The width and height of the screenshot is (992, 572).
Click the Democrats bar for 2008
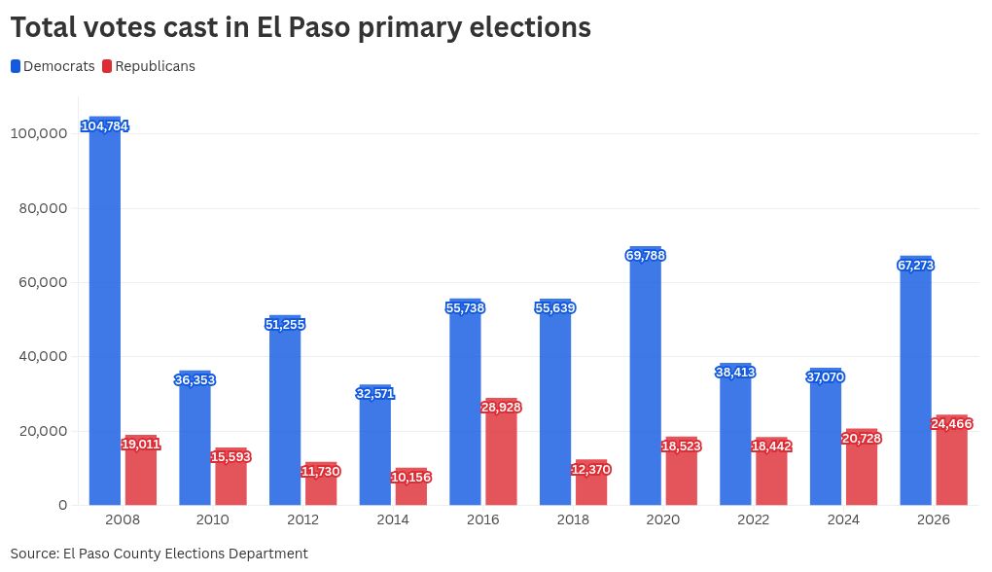(x=105, y=311)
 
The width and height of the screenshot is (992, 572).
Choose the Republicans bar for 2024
(x=861, y=467)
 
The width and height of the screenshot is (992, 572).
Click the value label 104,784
(x=105, y=126)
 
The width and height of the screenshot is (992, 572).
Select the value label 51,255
(x=285, y=324)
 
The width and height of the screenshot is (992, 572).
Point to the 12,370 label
(x=591, y=470)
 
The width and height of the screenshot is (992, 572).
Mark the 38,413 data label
(x=735, y=372)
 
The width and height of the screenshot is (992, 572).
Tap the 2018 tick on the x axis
(x=573, y=519)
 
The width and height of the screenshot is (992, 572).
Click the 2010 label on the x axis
(x=213, y=519)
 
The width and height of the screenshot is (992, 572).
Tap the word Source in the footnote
(x=34, y=554)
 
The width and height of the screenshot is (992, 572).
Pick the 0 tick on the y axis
(x=63, y=505)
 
